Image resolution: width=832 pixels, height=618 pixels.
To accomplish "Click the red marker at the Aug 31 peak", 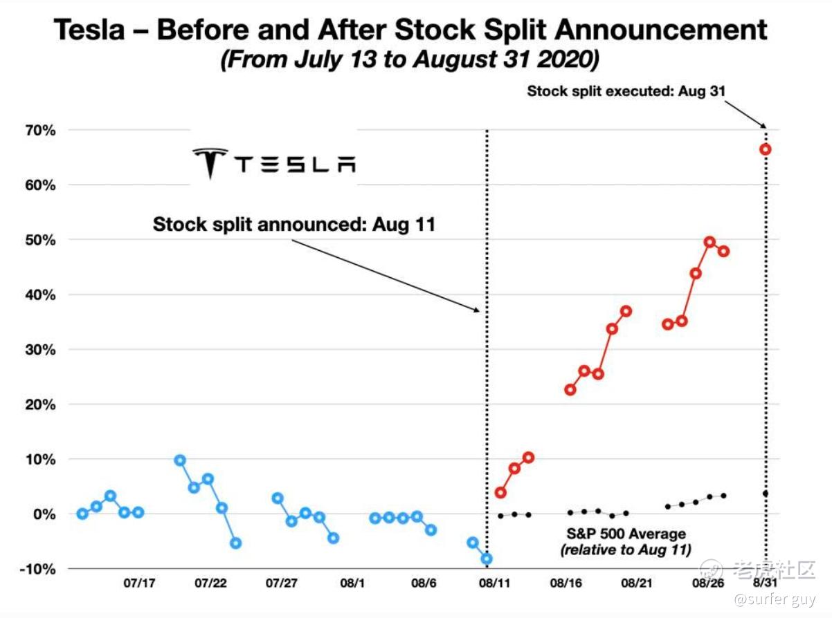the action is (x=766, y=149).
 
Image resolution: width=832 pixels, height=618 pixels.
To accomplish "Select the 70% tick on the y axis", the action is (x=41, y=131).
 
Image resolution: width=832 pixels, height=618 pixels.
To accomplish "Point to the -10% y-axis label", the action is (x=37, y=570).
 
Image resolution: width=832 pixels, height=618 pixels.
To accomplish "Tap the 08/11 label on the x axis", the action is (x=494, y=583).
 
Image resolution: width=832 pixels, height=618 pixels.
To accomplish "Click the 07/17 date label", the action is (x=139, y=583).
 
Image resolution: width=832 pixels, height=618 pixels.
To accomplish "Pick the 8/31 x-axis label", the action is (x=765, y=583).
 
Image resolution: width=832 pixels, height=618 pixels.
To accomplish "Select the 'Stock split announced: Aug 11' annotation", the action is (x=294, y=225).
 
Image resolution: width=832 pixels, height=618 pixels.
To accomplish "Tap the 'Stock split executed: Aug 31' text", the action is (x=626, y=91).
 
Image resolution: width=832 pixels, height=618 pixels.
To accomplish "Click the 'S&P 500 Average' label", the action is (x=626, y=534).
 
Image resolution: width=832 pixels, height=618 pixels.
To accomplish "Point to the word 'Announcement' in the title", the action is (x=661, y=30).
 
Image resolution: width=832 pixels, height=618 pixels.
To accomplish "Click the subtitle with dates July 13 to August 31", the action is (x=410, y=59).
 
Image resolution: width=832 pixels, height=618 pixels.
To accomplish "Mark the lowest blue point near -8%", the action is (x=487, y=559).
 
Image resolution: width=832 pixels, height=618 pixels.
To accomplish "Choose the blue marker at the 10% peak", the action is (x=180, y=460).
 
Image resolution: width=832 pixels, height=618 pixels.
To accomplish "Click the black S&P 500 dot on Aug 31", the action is (x=766, y=494).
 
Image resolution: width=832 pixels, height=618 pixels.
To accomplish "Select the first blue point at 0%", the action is (x=82, y=514).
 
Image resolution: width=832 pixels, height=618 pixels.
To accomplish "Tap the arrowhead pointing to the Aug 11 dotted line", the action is (x=476, y=310).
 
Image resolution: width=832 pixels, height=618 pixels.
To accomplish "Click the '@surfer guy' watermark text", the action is (x=775, y=600).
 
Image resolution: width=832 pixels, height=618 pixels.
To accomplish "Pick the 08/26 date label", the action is (x=708, y=583).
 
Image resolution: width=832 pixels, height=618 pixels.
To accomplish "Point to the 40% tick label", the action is (x=41, y=295).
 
